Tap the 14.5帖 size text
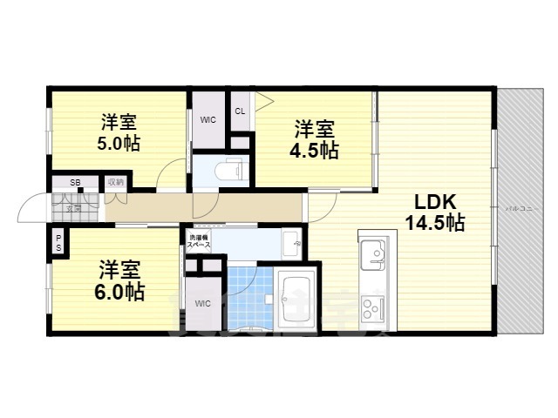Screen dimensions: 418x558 pyautogui.click(x=433, y=223)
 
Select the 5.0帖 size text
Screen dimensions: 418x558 pyautogui.click(x=118, y=143)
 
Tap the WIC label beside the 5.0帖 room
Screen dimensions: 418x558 pyautogui.click(x=208, y=119)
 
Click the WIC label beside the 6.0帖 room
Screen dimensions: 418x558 pyautogui.click(x=203, y=303)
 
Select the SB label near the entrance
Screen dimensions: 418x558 pyautogui.click(x=75, y=182)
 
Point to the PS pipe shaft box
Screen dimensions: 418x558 pyautogui.click(x=58, y=241)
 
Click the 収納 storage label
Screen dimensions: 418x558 pyautogui.click(x=115, y=182)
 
